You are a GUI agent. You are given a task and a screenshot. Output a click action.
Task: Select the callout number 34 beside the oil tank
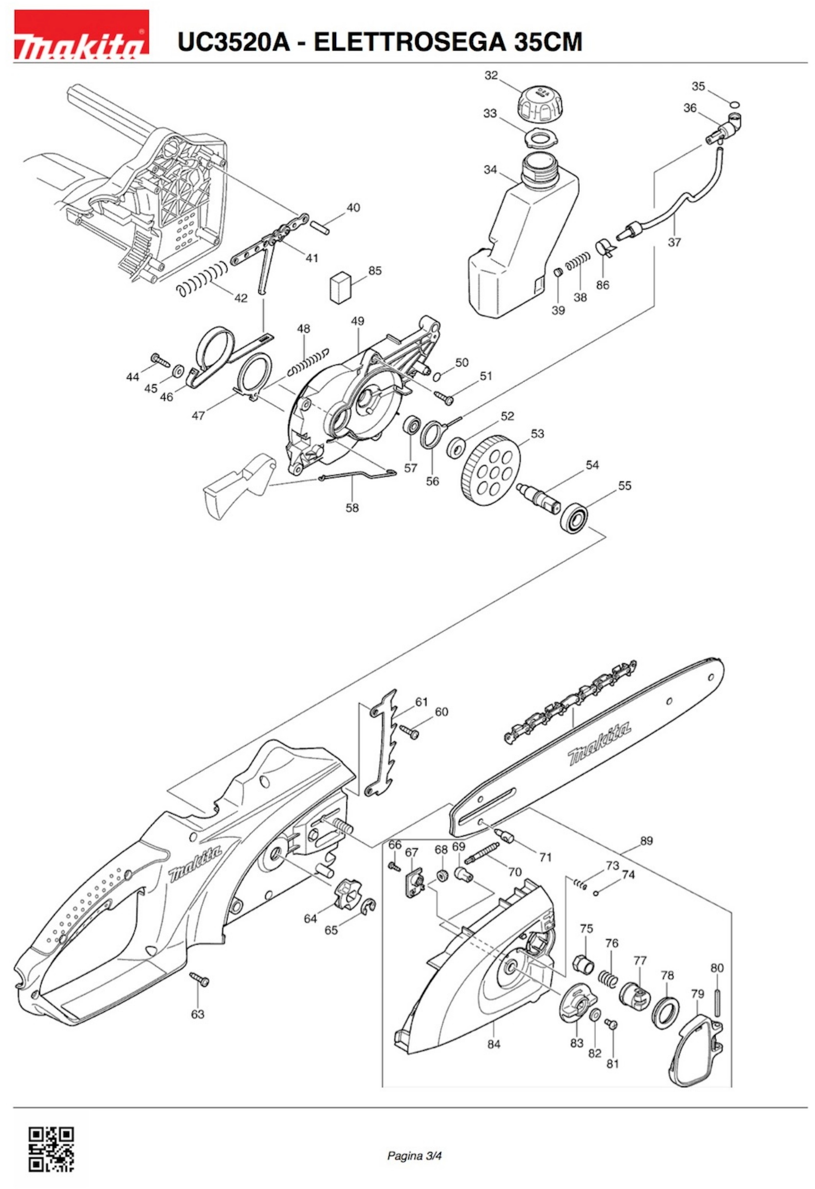[490, 169]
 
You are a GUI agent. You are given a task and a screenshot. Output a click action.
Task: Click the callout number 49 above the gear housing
[358, 321]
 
